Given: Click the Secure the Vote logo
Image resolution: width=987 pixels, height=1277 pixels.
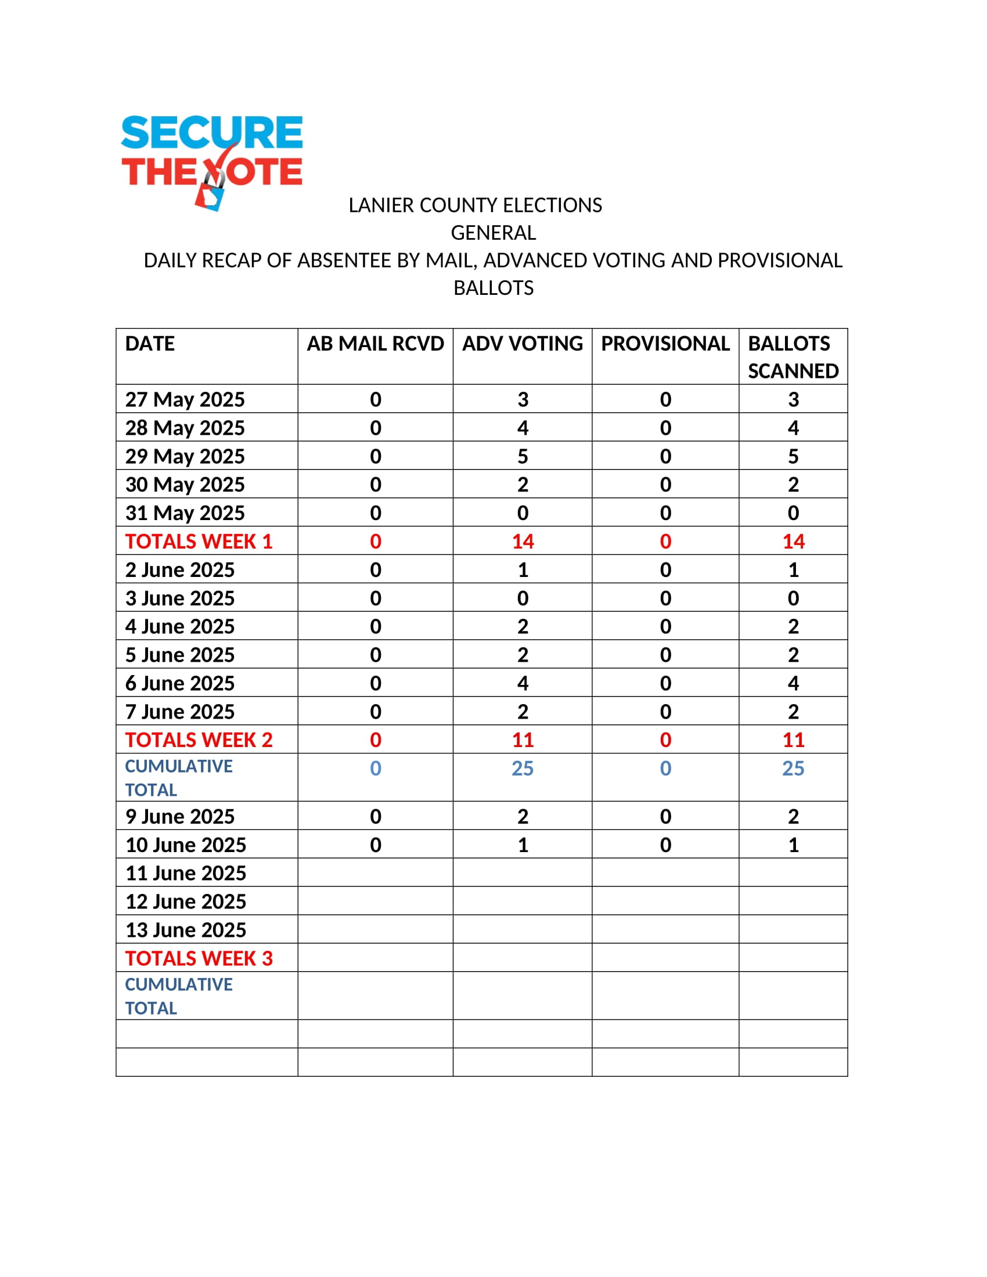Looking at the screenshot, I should (x=212, y=161).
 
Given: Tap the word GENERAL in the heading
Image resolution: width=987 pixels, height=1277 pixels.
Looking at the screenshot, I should (x=493, y=233).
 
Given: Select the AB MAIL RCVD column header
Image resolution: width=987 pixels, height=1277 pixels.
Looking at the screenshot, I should (x=376, y=344).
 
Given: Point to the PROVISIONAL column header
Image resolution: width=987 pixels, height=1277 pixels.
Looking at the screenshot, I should (x=665, y=344).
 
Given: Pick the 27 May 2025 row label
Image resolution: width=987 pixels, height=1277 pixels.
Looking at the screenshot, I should (x=185, y=399).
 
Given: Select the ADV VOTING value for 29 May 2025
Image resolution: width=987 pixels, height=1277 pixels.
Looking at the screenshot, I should (x=522, y=456).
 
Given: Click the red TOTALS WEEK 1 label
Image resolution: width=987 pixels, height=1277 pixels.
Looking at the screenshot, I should (x=199, y=542).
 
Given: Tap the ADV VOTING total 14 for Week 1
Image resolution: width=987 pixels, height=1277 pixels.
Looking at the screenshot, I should (x=522, y=542).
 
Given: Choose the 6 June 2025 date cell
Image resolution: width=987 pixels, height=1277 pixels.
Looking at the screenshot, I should (x=179, y=683).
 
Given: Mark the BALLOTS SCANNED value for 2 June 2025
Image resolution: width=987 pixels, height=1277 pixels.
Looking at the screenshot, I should (x=793, y=569).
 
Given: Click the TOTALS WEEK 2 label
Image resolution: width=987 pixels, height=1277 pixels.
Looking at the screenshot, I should (x=199, y=739).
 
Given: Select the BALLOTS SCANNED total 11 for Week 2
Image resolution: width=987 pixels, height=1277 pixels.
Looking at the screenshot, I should (x=793, y=739).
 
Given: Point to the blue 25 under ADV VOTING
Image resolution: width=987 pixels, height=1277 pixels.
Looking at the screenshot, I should (x=522, y=769).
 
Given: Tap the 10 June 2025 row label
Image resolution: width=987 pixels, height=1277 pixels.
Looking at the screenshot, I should (x=185, y=845).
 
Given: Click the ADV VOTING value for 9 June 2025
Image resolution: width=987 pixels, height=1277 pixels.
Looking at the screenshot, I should (x=522, y=816).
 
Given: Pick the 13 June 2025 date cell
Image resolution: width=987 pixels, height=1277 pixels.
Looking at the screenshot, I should (x=185, y=930).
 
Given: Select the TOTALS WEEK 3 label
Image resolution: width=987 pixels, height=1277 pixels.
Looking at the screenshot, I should (x=199, y=958).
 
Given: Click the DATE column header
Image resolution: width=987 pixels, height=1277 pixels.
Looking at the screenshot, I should (x=150, y=344).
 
